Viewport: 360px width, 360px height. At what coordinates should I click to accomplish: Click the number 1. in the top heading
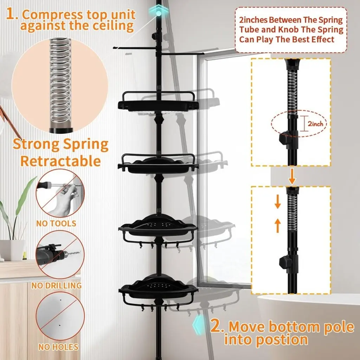click(x=12, y=14)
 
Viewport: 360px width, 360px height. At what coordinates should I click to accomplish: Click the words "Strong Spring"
click(x=60, y=144)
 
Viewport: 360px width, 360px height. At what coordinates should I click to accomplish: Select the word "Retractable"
click(x=60, y=161)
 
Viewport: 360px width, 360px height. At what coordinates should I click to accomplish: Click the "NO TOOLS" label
click(x=57, y=223)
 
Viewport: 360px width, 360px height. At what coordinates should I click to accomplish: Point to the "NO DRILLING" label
click(x=57, y=285)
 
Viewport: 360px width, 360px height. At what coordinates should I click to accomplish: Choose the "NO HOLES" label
click(x=58, y=347)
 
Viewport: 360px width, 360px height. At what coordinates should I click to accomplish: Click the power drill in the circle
click(x=56, y=255)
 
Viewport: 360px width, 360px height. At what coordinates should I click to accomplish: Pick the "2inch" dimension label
click(x=315, y=124)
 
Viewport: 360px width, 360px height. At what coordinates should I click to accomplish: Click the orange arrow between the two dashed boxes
click(x=292, y=176)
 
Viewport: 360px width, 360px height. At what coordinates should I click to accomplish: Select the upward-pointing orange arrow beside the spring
click(x=278, y=225)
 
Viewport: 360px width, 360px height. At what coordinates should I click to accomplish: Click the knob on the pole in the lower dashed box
click(x=285, y=262)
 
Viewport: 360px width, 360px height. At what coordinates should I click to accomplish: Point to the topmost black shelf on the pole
click(x=158, y=102)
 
